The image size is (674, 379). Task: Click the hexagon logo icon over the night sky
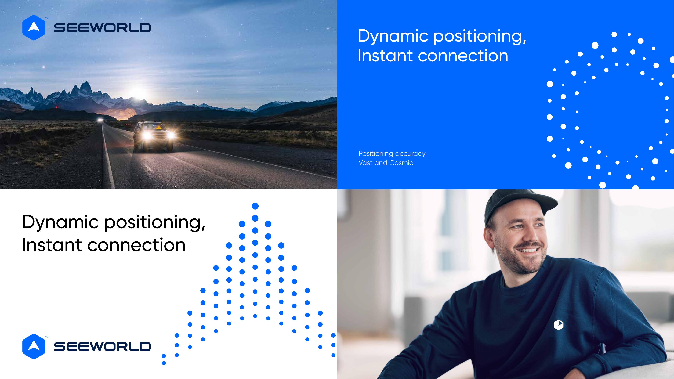(34, 27)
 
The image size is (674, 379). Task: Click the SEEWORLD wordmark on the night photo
(102, 28)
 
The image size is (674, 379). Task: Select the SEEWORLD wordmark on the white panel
(102, 347)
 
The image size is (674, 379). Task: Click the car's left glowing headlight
(147, 136)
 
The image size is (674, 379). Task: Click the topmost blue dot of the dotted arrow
(255, 206)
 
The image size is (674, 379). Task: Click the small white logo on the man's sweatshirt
(558, 325)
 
